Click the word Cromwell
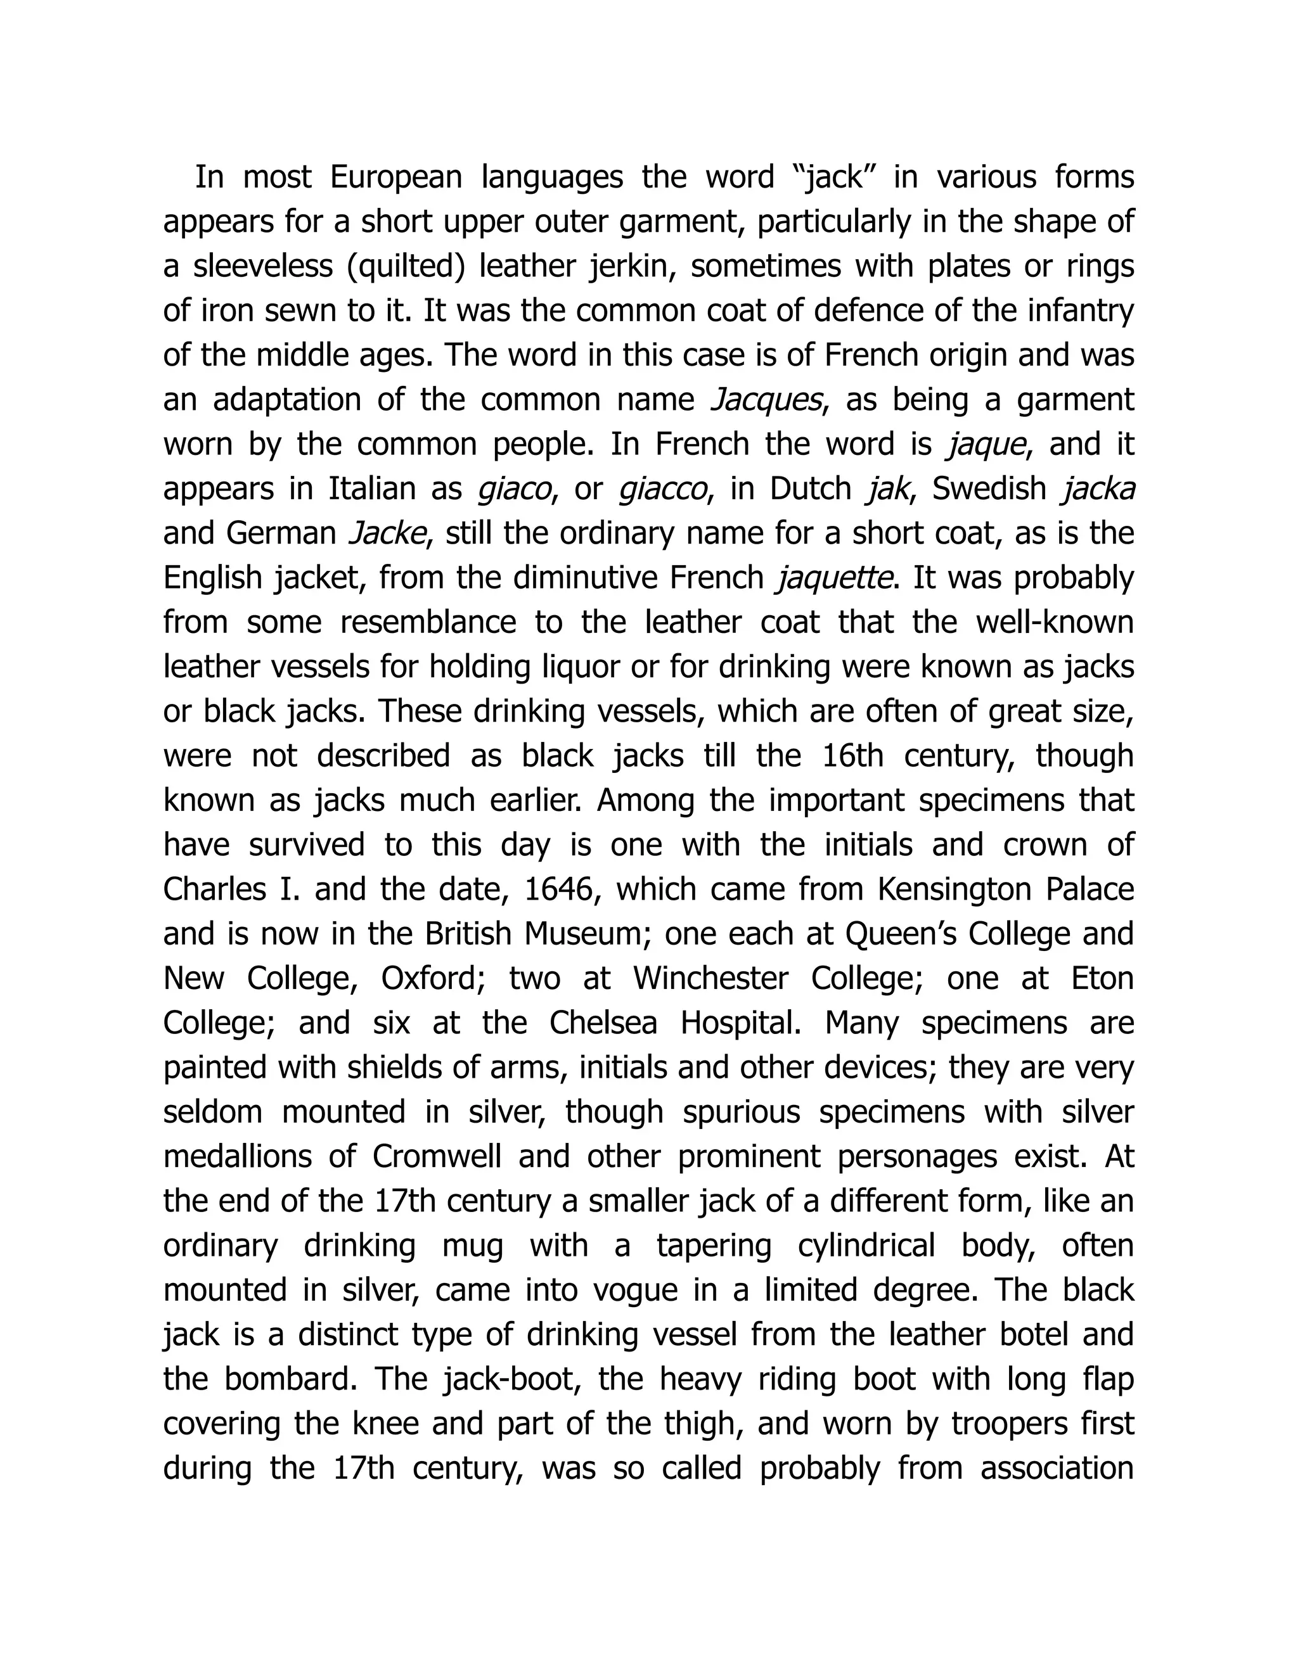coord(436,1156)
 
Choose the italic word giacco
coord(663,489)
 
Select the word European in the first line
coord(396,177)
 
